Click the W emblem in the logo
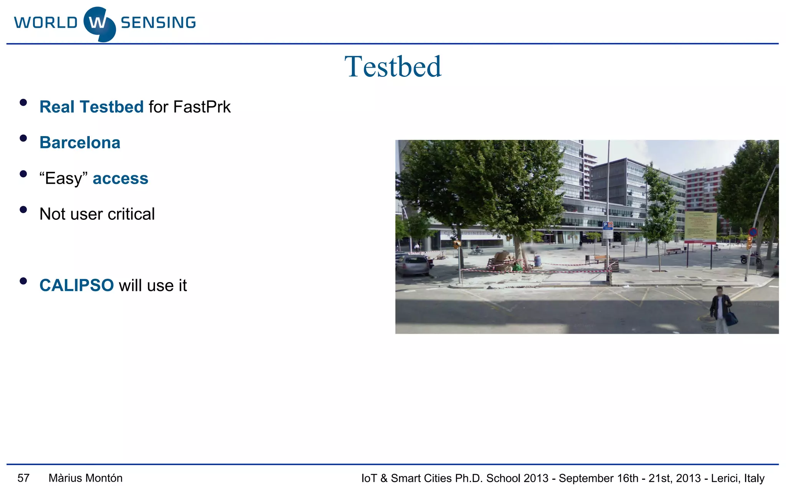(99, 24)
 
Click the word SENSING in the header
(158, 23)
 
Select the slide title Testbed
(393, 66)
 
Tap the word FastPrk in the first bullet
(202, 107)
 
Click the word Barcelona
(80, 143)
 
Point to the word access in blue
(121, 178)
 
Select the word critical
(131, 214)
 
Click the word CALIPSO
(76, 285)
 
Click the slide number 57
(23, 478)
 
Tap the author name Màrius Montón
(86, 478)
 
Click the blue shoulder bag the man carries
(731, 318)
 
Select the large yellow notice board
(700, 226)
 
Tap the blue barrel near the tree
(538, 261)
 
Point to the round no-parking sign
(753, 232)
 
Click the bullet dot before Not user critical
(23, 209)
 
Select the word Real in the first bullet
(57, 107)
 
